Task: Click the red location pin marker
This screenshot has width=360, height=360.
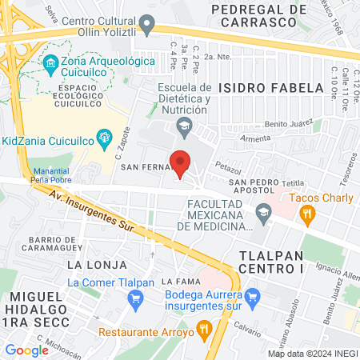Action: tap(181, 163)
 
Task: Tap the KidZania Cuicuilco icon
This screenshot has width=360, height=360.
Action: tap(103, 138)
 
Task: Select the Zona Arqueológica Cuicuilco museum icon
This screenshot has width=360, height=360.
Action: tap(50, 62)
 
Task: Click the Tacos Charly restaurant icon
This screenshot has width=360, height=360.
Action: tap(306, 214)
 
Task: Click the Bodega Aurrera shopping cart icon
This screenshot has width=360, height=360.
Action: tap(254, 298)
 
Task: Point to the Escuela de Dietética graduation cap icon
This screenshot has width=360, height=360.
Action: tap(185, 125)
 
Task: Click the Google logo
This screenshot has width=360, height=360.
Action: tap(26, 350)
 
